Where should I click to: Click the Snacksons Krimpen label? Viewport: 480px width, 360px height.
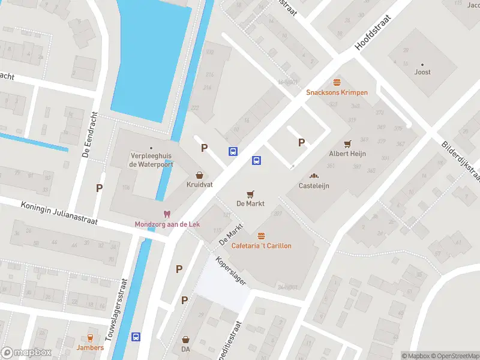click(x=337, y=92)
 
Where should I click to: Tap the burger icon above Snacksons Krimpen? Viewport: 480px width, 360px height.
click(x=337, y=82)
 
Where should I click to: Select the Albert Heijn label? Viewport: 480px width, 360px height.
click(x=347, y=154)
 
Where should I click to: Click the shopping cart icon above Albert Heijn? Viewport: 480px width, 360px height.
click(x=347, y=144)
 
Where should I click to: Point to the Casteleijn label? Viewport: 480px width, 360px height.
click(x=314, y=185)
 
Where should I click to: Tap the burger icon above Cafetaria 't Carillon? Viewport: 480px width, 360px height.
click(x=261, y=236)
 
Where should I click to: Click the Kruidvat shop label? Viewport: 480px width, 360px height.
click(x=199, y=185)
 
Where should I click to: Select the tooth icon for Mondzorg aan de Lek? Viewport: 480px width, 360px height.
click(x=167, y=214)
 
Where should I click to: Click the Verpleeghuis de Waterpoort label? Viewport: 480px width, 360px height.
click(x=151, y=160)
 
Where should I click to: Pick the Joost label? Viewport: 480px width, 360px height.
click(x=422, y=72)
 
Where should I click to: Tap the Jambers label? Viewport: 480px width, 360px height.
click(x=90, y=347)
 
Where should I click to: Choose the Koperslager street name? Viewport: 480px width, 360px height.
click(x=232, y=271)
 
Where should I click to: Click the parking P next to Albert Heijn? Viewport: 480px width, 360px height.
click(x=302, y=142)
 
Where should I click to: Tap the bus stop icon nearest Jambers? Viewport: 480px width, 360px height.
click(x=137, y=337)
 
